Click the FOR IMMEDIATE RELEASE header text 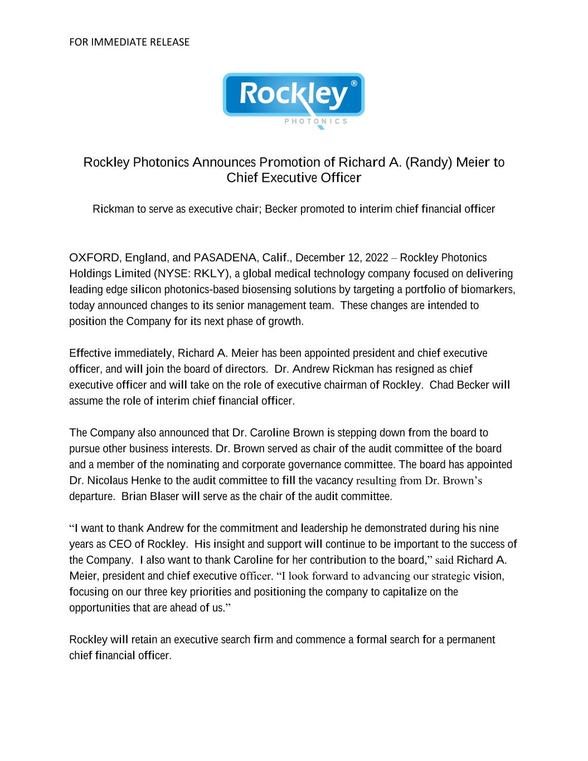pos(129,42)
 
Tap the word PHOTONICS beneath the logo pos(315,121)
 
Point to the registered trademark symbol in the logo pos(354,84)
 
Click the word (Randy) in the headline pos(429,162)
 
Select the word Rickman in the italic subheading pos(113,209)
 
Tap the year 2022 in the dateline pos(376,258)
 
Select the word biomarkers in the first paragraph pos(489,289)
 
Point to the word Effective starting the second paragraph pos(90,353)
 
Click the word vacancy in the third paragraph pos(334,480)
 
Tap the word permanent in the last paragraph pos(471,639)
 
